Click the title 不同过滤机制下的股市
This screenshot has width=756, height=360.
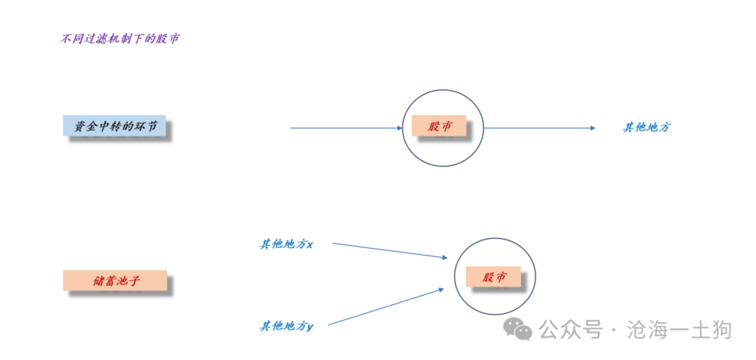[119, 39]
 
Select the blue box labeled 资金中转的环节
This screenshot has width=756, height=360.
[114, 126]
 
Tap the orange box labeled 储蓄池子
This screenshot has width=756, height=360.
[115, 280]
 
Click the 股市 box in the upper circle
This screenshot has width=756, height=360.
[438, 126]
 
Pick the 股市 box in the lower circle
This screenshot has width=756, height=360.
[493, 277]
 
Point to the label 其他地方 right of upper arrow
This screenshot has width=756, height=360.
[646, 127]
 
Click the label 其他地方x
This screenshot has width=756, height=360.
[287, 244]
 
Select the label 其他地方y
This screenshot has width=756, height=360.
[287, 326]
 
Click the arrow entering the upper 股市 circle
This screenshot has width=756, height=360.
[346, 128]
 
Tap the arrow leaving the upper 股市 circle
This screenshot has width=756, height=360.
[540, 128]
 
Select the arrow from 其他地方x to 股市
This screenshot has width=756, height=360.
[390, 250]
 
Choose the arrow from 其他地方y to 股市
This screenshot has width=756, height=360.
[386, 306]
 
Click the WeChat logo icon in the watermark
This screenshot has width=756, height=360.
[518, 329]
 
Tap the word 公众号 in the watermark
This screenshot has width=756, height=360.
[571, 330]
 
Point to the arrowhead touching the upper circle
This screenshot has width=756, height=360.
[400, 128]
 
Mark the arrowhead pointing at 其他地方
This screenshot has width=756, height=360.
[593, 128]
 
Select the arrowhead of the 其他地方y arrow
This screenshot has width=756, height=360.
[442, 289]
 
